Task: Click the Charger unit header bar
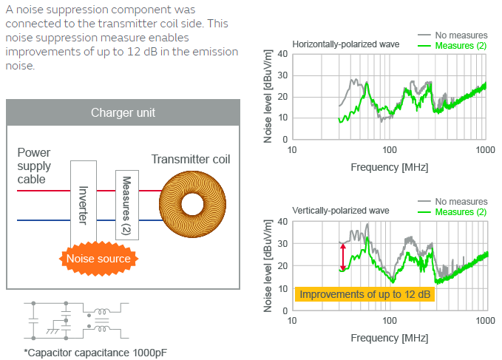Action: click(123, 112)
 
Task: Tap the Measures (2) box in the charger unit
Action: click(126, 204)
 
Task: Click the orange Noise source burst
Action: click(98, 259)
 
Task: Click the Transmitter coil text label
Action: click(191, 160)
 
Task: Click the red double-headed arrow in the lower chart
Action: click(342, 257)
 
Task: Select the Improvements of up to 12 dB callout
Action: click(365, 294)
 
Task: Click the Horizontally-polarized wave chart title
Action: click(345, 44)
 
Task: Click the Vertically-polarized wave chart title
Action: click(340, 211)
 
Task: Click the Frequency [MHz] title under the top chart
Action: click(389, 167)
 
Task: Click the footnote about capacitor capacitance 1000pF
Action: click(95, 351)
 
